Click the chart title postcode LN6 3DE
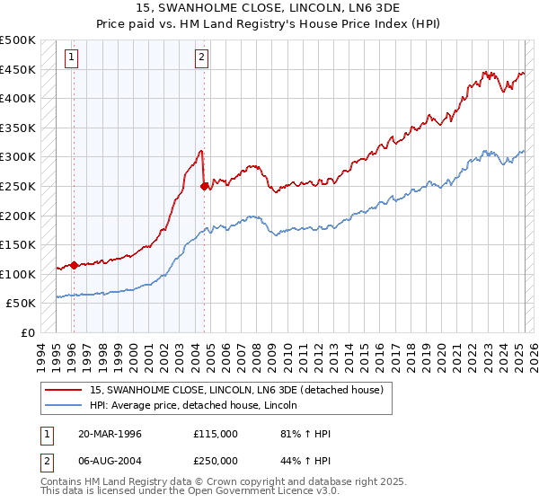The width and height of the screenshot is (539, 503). click(323, 8)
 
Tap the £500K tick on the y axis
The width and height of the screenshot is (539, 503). click(18, 40)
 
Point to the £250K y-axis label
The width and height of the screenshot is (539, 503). click(18, 186)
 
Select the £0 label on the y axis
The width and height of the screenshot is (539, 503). click(27, 332)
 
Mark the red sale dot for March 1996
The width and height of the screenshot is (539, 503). click(74, 264)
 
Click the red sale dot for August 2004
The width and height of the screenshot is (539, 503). click(204, 186)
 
